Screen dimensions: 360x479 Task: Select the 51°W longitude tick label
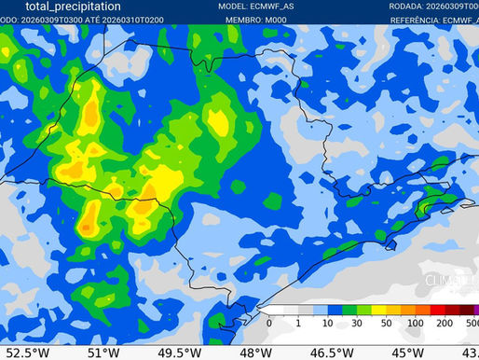click(103, 353)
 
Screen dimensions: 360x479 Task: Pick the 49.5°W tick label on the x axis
click(179, 353)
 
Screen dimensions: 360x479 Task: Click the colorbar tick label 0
click(268, 323)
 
